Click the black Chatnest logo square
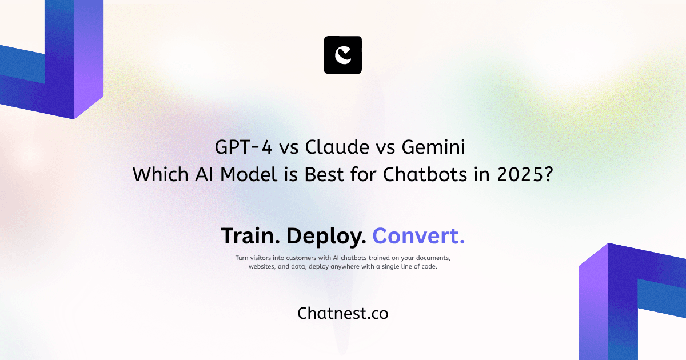coord(343,55)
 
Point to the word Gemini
coord(433,147)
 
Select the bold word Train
coord(250,236)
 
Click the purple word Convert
coord(418,236)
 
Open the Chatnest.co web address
coord(343,313)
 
